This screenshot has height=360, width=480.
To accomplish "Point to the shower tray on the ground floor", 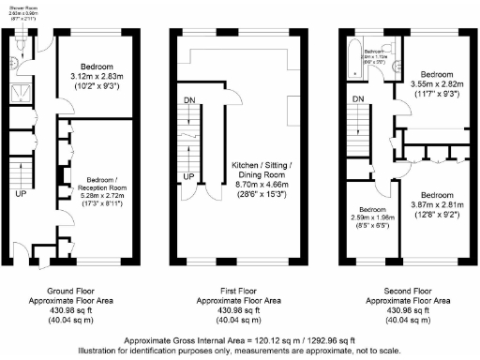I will tap(20, 93).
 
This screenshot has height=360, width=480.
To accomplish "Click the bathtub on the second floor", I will tap(354, 54).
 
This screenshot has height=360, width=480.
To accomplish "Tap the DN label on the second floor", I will tap(358, 98).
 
